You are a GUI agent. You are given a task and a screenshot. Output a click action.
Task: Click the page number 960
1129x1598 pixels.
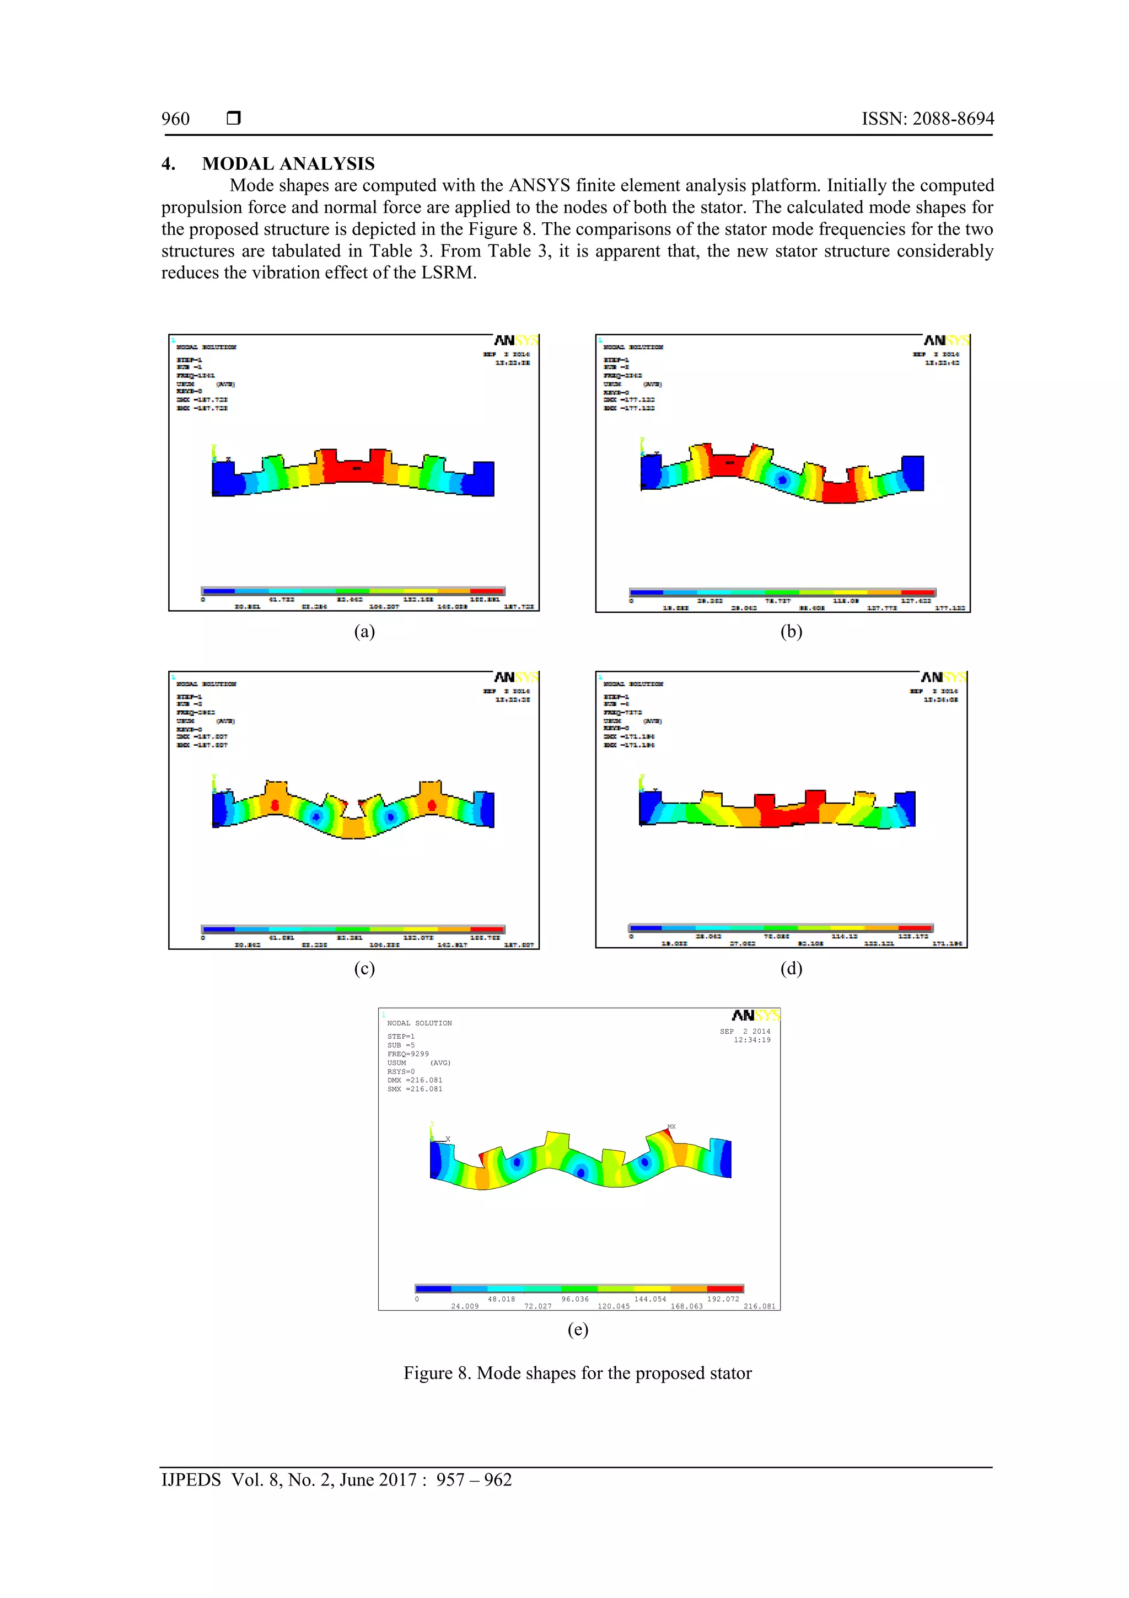tap(175, 119)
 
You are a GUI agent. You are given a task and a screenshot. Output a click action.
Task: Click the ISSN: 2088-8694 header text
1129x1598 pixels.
tap(927, 119)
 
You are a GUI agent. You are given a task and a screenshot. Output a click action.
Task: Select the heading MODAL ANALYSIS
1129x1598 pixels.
tap(288, 164)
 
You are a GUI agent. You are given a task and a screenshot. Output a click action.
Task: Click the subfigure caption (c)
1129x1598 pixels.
tap(364, 968)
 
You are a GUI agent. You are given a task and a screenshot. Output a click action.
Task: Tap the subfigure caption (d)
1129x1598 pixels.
tap(791, 968)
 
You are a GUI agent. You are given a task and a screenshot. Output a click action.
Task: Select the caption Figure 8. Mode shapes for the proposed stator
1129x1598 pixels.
tap(577, 1373)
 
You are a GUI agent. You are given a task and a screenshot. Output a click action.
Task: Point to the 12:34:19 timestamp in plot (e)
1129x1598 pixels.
tap(751, 1040)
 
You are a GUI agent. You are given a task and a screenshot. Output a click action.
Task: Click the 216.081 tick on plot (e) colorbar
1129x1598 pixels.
tap(759, 1306)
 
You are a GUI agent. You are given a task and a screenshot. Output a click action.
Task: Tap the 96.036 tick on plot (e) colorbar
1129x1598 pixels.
tap(574, 1298)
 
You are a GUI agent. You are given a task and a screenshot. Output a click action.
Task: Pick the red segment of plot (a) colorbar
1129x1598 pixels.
tap(487, 591)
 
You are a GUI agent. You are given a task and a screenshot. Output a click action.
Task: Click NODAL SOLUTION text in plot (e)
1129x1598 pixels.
tap(420, 1023)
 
